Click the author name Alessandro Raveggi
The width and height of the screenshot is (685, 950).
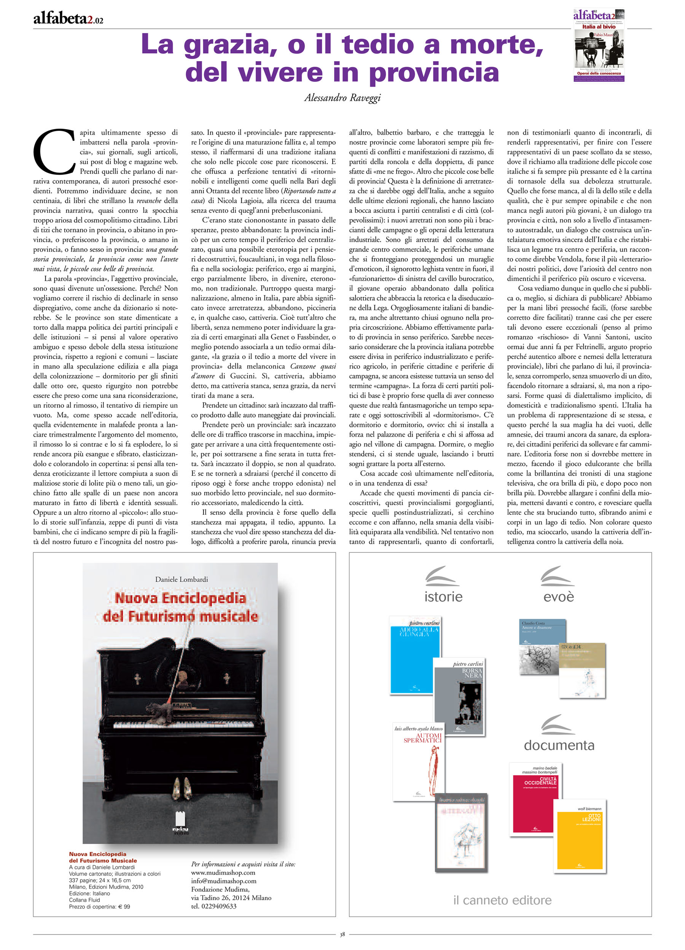[342, 98]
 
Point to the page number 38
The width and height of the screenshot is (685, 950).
[342, 934]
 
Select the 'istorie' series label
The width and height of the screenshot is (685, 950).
[443, 597]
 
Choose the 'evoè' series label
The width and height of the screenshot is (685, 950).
[559, 597]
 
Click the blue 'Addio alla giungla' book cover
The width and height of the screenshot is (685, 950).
[415, 654]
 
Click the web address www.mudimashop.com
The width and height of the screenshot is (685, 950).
[223, 872]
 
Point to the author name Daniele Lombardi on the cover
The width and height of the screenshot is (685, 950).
[182, 579]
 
